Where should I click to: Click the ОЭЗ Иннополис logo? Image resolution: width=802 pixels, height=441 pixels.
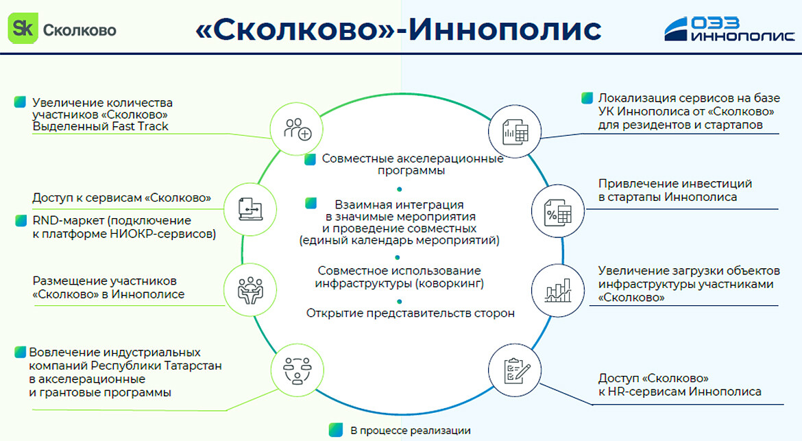[730, 29]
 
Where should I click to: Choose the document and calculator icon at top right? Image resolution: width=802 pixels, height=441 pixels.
[515, 128]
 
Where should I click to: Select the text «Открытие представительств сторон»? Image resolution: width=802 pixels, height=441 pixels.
[410, 313]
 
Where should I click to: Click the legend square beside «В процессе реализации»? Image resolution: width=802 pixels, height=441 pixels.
[335, 430]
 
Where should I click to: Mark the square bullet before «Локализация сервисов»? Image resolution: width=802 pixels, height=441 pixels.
[587, 98]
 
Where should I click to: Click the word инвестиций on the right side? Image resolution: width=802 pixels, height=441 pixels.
[717, 184]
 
